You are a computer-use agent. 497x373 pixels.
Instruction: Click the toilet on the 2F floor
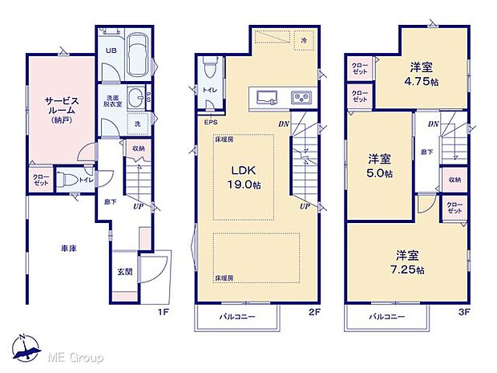pyautogui.click(x=208, y=64)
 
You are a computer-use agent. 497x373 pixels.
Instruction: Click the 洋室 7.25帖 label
pyautogui.click(x=408, y=260)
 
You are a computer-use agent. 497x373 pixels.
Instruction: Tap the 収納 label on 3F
pyautogui.click(x=455, y=180)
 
